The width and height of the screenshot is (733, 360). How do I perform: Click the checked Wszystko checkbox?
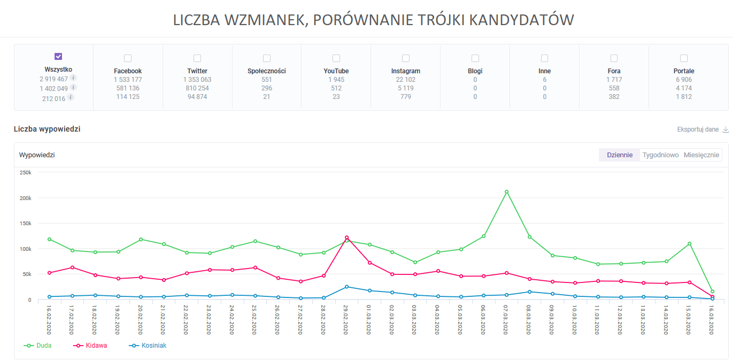click(58, 57)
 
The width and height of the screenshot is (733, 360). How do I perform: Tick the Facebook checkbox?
click(128, 58)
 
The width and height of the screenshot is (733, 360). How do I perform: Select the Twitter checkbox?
click(197, 58)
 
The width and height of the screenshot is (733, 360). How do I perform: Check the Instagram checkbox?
click(406, 58)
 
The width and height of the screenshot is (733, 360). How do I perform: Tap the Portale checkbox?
click(684, 58)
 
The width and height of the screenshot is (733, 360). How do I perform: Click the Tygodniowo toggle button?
click(660, 155)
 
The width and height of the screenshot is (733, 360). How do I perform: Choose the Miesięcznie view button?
click(701, 155)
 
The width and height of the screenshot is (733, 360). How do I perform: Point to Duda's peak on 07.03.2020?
click(506, 192)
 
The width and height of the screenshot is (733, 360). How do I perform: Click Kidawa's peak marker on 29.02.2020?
click(346, 238)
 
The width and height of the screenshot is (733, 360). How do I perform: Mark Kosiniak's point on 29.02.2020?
click(346, 287)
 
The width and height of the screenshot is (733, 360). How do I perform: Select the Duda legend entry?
click(38, 346)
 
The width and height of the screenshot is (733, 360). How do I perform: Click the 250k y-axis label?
click(26, 173)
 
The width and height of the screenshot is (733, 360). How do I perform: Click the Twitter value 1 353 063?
click(197, 80)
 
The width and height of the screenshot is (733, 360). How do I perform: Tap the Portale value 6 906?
click(684, 80)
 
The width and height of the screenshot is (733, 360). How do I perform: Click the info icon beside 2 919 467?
click(74, 78)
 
